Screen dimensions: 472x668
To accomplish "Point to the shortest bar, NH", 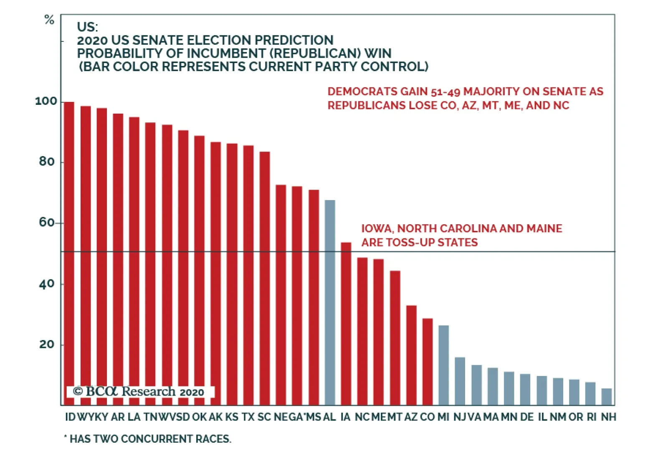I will tap(607, 397).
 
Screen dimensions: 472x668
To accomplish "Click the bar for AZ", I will tap(411, 355).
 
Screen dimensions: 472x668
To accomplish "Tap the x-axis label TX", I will tap(248, 417).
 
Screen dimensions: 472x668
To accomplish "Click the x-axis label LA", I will tap(134, 417).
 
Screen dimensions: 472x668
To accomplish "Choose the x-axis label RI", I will tap(591, 417).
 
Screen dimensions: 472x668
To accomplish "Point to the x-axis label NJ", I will tap(460, 417).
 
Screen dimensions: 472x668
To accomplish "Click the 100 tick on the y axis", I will tap(46, 101).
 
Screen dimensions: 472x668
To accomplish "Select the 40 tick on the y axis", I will tap(47, 284).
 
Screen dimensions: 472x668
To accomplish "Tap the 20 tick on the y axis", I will tap(47, 345).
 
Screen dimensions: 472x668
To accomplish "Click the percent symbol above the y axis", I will tap(49, 20).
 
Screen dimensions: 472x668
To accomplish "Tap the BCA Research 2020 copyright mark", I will tap(139, 391).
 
